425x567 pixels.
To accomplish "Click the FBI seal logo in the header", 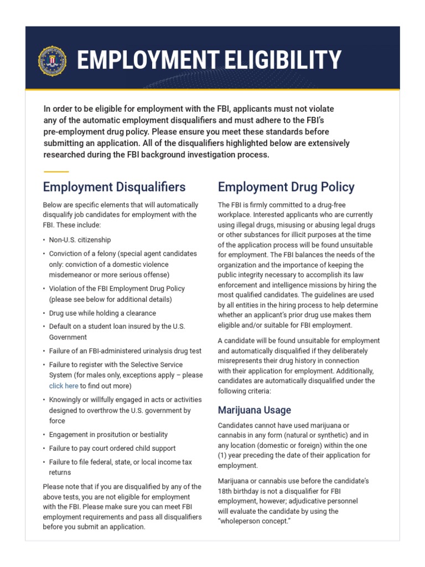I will pos(52,61).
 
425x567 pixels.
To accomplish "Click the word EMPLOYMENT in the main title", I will pos(143,60).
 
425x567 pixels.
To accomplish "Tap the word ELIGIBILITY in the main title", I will pos(279,60).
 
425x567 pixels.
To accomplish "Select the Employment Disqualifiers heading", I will pos(114,187).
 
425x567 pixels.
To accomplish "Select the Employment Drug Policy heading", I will pos(286,187).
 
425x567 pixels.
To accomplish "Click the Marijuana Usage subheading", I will pos(255,410).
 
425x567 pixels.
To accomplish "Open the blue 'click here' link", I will pos(63,386).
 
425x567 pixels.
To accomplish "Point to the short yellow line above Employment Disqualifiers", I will pos(56,172).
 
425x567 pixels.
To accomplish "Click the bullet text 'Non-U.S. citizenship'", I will pos(80,240).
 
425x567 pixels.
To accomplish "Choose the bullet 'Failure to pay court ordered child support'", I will pos(112,448).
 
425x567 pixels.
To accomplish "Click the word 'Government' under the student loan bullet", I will pos(68,337).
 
